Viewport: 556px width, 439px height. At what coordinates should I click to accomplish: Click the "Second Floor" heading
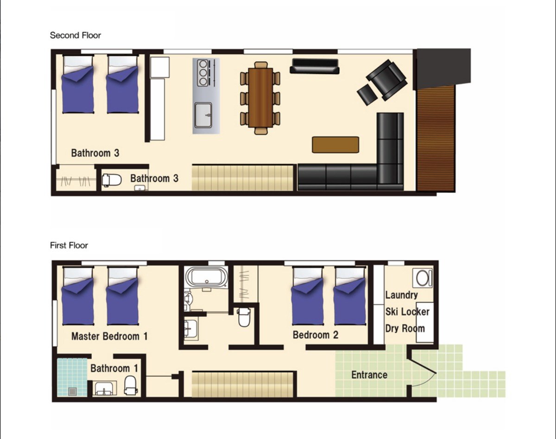pos(75,35)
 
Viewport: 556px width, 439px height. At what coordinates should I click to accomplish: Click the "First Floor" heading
pos(69,245)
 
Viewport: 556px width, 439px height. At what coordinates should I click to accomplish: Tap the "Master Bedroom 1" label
pos(109,336)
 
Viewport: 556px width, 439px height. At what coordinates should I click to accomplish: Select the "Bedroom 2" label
pos(316,335)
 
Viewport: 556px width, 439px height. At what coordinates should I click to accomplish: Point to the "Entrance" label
pos(369,375)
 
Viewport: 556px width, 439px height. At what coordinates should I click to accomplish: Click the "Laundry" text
pos(402,295)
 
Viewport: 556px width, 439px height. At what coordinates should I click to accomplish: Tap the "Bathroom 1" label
pos(114,368)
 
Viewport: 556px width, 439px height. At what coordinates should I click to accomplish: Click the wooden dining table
pos(260,98)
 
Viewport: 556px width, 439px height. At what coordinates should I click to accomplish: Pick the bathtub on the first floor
pos(207,277)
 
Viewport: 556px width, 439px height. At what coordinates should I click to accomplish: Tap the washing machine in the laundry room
pos(423,278)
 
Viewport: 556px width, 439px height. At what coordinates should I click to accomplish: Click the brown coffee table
pos(335,145)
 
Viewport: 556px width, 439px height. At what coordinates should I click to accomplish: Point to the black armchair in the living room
pos(387,80)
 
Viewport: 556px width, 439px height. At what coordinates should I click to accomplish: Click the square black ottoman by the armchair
pos(367,95)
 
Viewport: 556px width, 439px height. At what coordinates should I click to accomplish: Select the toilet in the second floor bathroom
pos(112,180)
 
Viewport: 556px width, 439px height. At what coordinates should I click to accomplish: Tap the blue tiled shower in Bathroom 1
pos(72,377)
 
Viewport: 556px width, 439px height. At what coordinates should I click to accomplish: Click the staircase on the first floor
pos(243,384)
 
